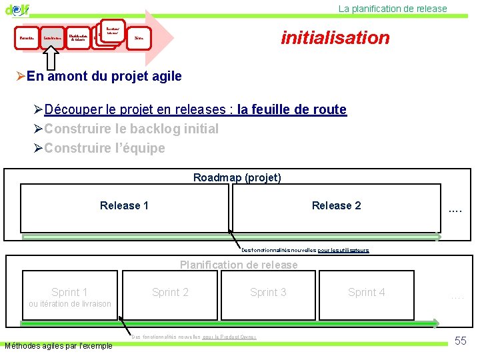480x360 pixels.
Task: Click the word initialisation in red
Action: [335, 37]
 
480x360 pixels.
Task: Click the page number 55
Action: [460, 341]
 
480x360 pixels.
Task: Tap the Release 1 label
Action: [124, 205]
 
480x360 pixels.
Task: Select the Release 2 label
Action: [336, 205]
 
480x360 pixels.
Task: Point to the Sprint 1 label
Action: [69, 292]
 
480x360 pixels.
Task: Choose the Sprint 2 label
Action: [170, 292]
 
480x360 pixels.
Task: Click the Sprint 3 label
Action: [268, 292]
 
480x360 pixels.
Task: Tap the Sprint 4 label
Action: [366, 292]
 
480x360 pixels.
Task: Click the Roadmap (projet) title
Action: [237, 177]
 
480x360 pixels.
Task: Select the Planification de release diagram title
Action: [239, 265]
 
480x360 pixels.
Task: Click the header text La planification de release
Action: [393, 9]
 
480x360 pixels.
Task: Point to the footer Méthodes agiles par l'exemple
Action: [59, 346]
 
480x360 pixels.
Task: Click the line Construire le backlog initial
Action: [131, 129]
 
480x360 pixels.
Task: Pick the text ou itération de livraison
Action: [69, 305]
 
